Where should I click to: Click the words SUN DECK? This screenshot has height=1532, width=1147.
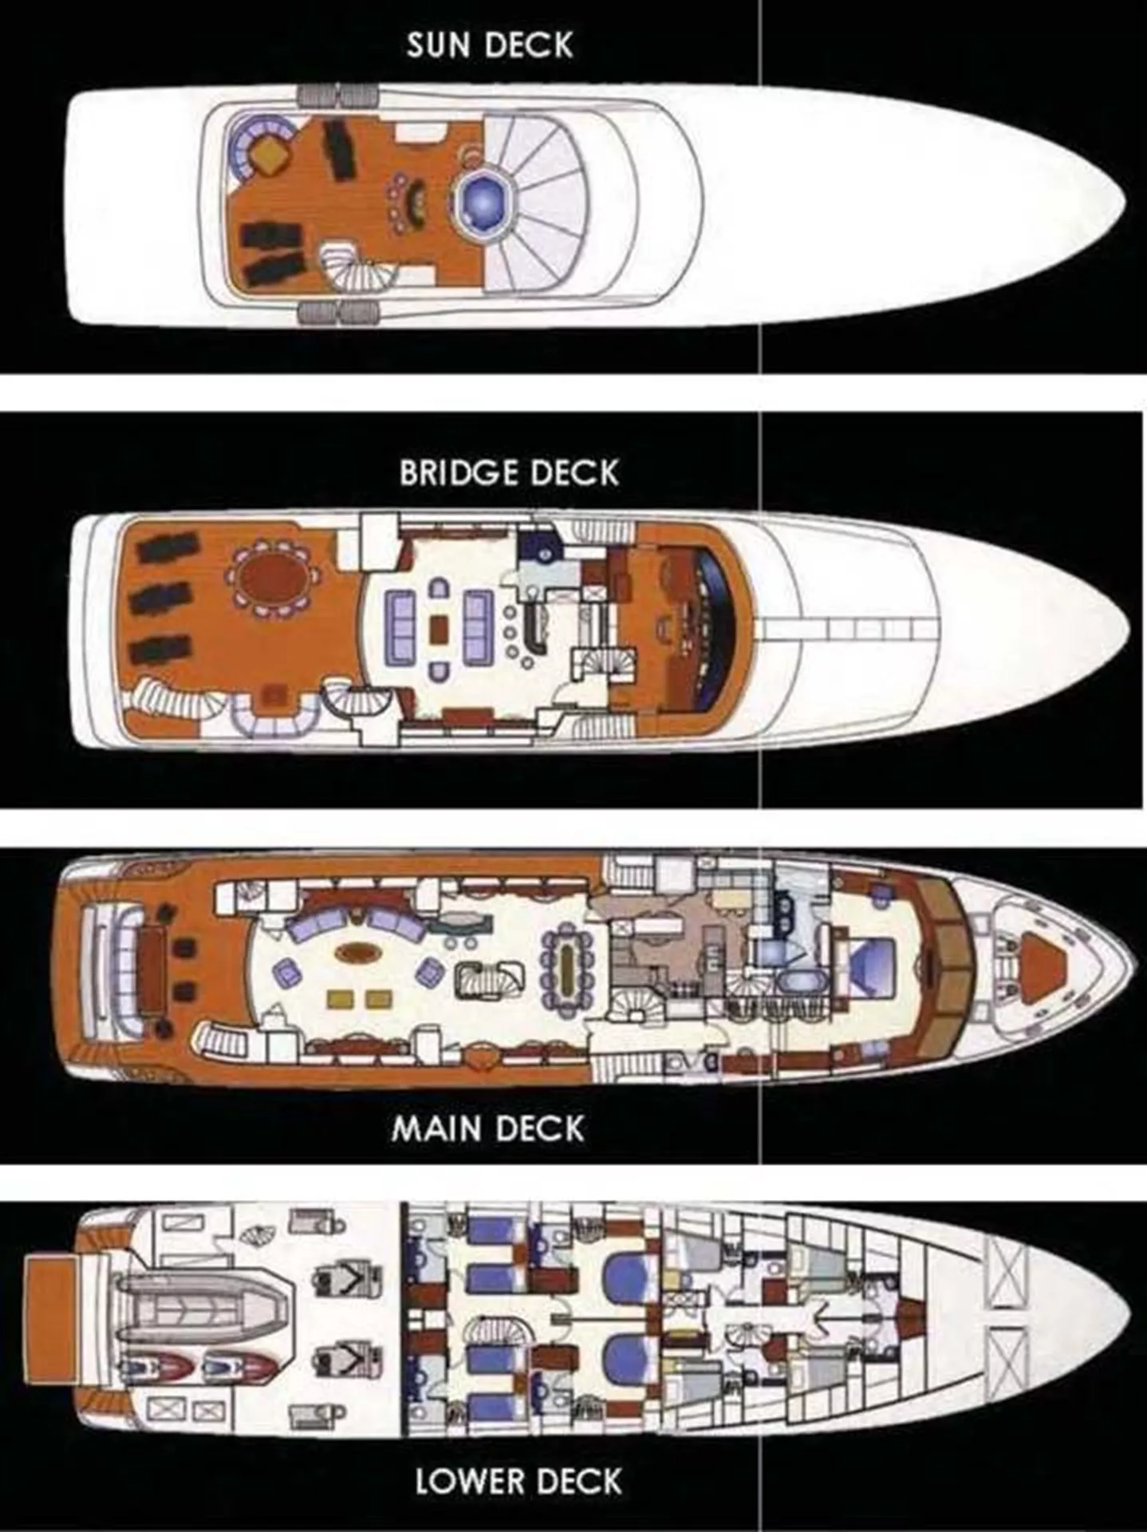coord(490,45)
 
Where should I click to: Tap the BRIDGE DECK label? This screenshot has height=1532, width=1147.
coord(509,472)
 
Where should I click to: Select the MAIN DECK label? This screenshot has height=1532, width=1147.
coord(488,1128)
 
